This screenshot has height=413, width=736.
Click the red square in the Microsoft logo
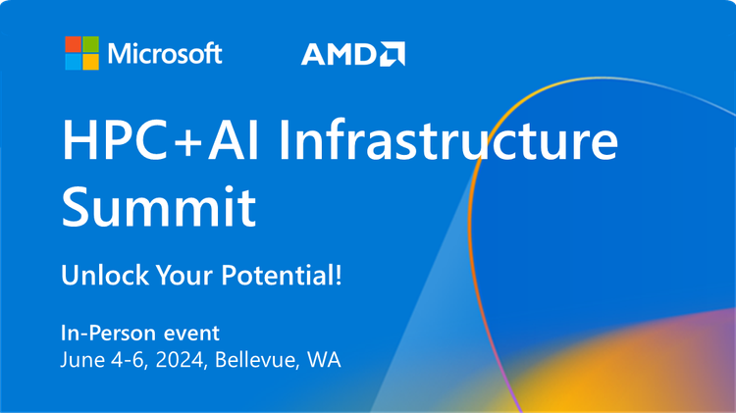pyautogui.click(x=73, y=44)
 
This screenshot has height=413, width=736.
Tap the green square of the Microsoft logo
pyautogui.click(x=90, y=44)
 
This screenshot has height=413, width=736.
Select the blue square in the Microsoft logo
pyautogui.click(x=73, y=62)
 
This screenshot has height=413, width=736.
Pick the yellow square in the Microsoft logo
pyautogui.click(x=90, y=62)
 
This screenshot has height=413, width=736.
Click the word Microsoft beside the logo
pyautogui.click(x=165, y=53)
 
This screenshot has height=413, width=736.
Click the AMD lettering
pyautogui.click(x=339, y=55)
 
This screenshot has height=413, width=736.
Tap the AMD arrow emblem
pyautogui.click(x=393, y=54)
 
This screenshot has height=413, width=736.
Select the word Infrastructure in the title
pyautogui.click(x=447, y=143)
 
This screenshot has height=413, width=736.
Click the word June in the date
pyautogui.click(x=81, y=359)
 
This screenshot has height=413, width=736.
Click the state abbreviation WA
pyautogui.click(x=324, y=359)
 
